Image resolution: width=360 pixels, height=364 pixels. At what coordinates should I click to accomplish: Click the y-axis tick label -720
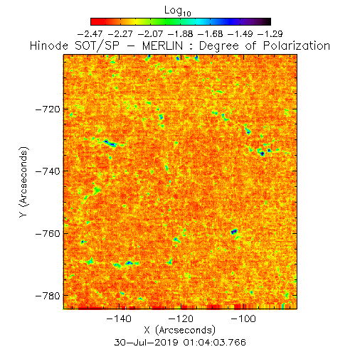(x=48, y=109)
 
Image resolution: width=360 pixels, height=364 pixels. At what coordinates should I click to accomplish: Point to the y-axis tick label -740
(x=48, y=171)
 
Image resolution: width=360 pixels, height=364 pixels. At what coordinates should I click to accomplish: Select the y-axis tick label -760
(x=48, y=234)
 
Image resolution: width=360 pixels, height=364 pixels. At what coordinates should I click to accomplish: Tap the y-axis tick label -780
(x=48, y=296)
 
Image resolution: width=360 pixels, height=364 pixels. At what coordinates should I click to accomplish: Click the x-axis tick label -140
(x=119, y=318)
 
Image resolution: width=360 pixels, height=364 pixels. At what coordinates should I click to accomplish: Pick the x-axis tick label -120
(x=181, y=318)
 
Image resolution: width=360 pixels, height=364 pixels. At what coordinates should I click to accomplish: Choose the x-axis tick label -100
(x=243, y=318)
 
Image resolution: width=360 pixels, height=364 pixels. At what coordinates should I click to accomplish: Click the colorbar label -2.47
(x=90, y=34)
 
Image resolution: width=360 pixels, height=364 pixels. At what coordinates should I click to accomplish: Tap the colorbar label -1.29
(x=270, y=34)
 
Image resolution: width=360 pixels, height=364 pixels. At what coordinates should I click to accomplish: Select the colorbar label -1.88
(x=180, y=34)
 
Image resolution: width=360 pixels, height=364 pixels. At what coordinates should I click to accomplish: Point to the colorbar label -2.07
(x=150, y=34)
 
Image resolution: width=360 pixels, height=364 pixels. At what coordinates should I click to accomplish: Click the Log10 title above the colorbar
(x=178, y=11)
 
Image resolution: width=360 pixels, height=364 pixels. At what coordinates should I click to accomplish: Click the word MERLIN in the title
(x=163, y=45)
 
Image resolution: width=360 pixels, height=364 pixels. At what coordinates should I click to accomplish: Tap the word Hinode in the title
(x=49, y=45)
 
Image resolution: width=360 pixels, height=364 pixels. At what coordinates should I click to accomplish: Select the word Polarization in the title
(x=297, y=45)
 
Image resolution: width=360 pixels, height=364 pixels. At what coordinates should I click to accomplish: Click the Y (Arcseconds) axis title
(x=23, y=182)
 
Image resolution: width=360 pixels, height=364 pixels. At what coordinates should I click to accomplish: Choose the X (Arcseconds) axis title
(x=180, y=330)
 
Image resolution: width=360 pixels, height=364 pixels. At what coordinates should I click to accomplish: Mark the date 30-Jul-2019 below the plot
(x=147, y=343)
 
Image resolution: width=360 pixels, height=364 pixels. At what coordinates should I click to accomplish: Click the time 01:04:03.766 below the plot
(x=215, y=343)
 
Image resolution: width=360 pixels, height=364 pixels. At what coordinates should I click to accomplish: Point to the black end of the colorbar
(x=268, y=21)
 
